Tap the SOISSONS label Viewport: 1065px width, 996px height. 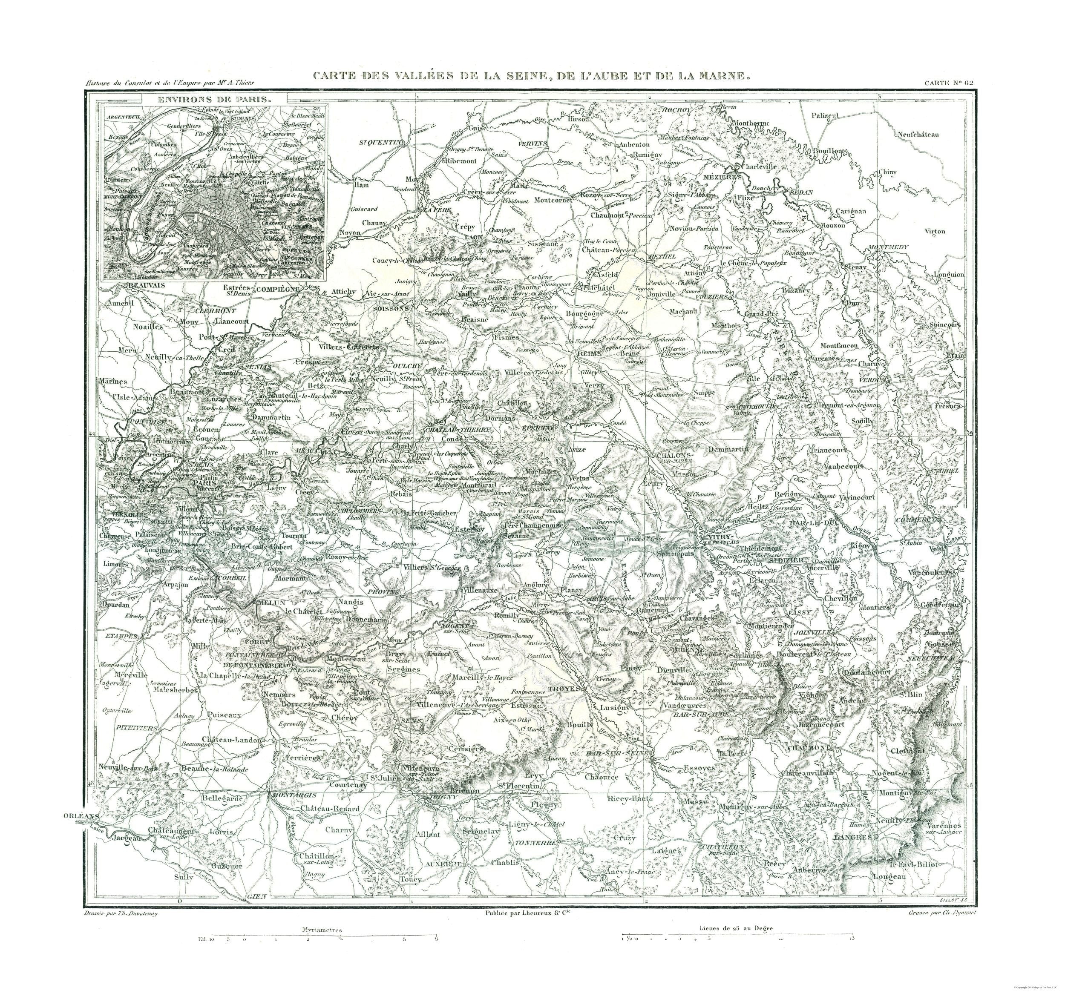(x=391, y=310)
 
